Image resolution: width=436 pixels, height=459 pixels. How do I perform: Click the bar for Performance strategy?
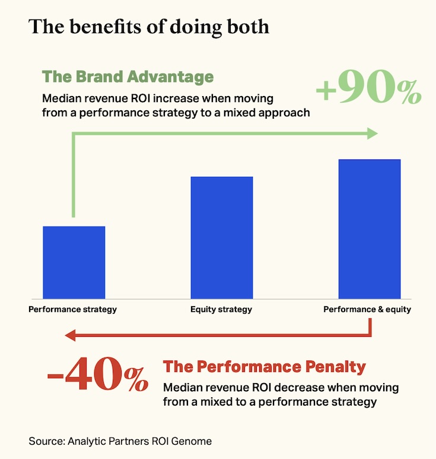coord(74,262)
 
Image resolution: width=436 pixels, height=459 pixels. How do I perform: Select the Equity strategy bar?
coord(221,237)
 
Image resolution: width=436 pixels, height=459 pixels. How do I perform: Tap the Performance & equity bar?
coord(369,228)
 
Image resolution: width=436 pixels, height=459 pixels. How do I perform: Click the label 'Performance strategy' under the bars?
coord(72,310)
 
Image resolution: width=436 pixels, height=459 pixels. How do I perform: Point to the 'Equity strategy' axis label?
coord(221,310)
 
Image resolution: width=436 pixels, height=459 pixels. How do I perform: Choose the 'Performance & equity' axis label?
coord(367,310)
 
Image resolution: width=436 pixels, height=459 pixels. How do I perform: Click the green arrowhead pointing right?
coord(372,133)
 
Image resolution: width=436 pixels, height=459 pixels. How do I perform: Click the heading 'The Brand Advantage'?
coord(128,77)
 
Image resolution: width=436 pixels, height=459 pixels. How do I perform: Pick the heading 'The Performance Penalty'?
coord(265,367)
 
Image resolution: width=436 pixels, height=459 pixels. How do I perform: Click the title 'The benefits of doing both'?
coord(149,27)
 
